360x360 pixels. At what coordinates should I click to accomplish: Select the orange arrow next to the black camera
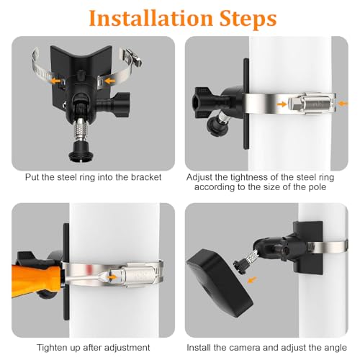(x=248, y=275)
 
